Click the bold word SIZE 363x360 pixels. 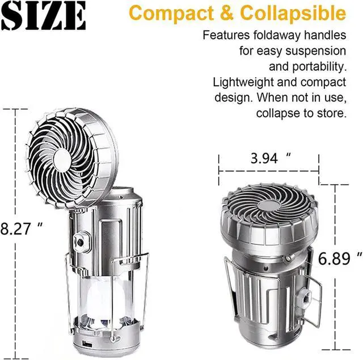click(44, 15)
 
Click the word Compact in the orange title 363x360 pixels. click(171, 14)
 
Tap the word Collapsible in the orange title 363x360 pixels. click(293, 13)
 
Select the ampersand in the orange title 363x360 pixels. click(227, 12)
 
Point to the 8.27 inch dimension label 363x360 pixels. click(22, 228)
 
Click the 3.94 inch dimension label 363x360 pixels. click(271, 158)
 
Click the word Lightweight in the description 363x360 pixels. click(243, 82)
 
